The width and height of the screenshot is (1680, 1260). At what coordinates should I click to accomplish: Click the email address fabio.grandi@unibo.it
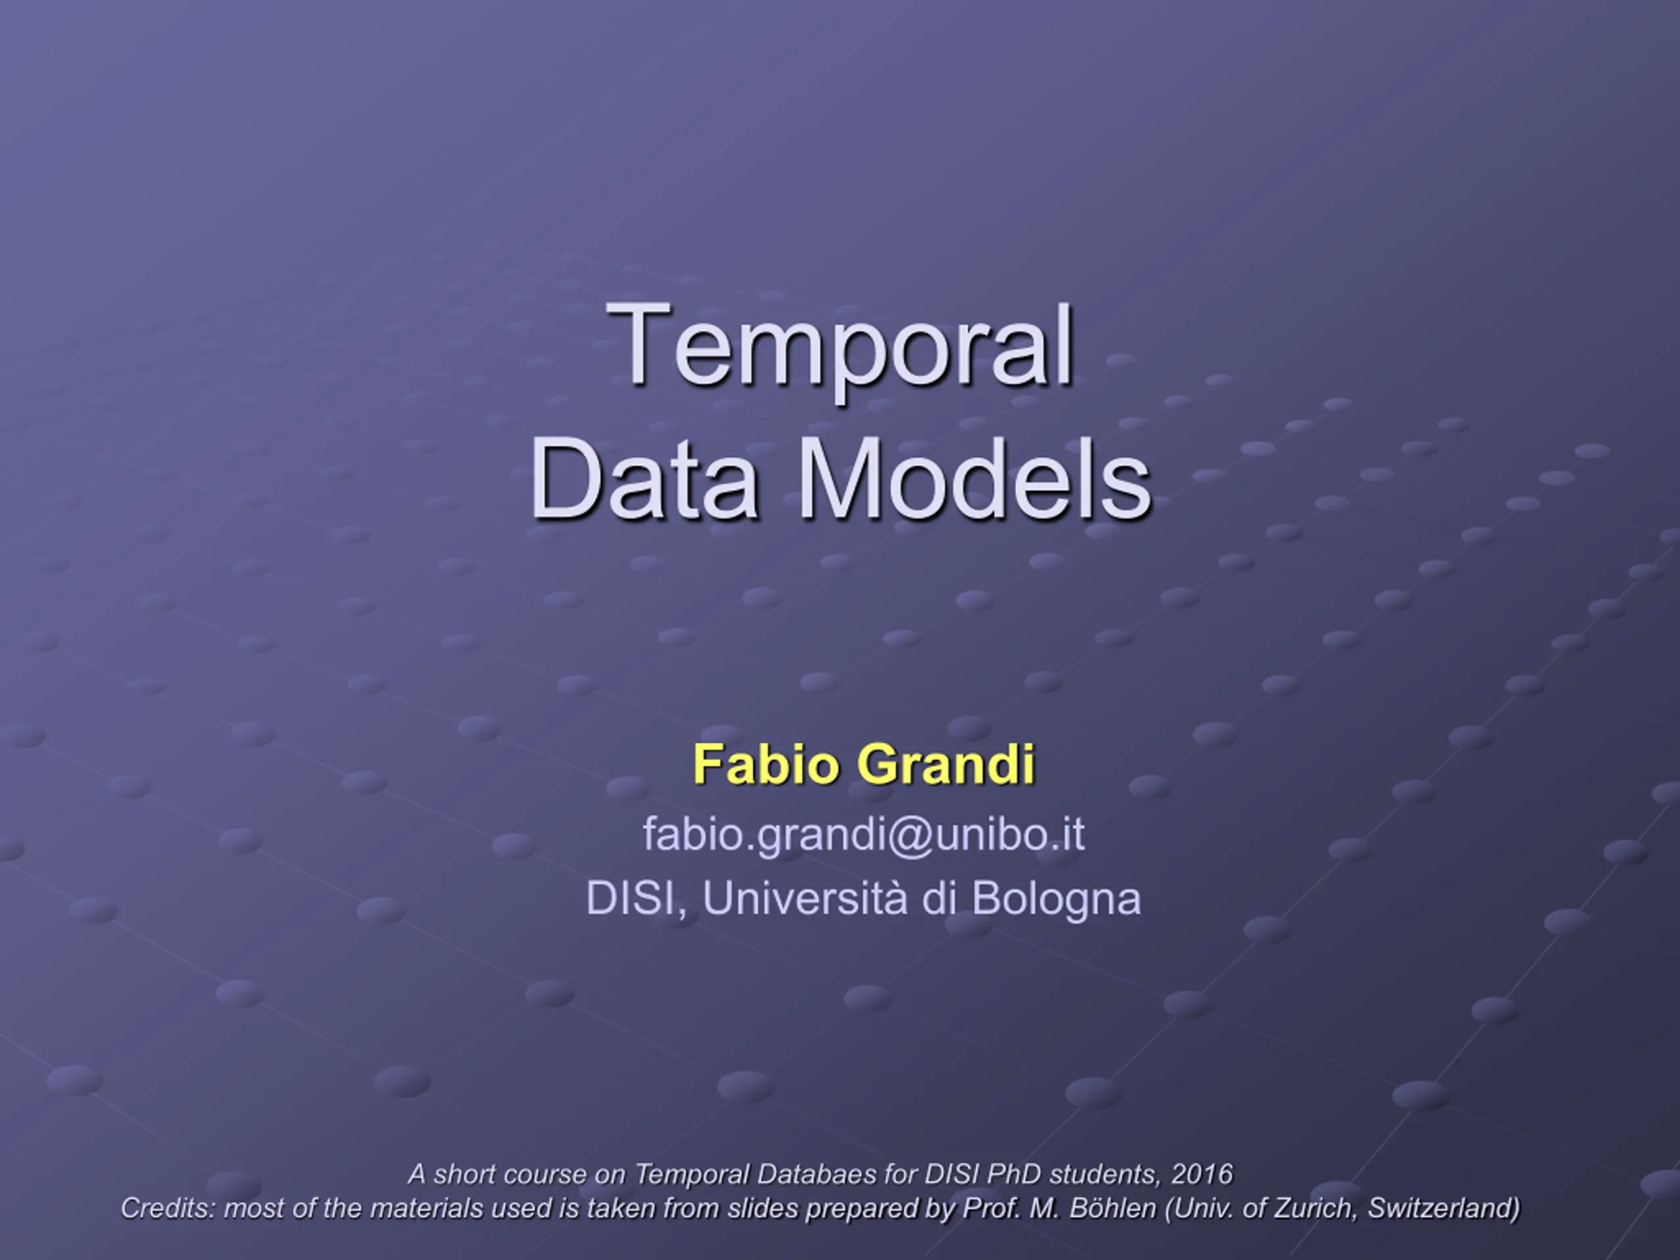(864, 835)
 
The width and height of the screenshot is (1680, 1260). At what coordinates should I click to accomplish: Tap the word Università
(805, 898)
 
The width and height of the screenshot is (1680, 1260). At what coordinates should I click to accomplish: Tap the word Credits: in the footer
(168, 1208)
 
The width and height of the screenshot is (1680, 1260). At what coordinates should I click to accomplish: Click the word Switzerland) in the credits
(1444, 1208)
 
